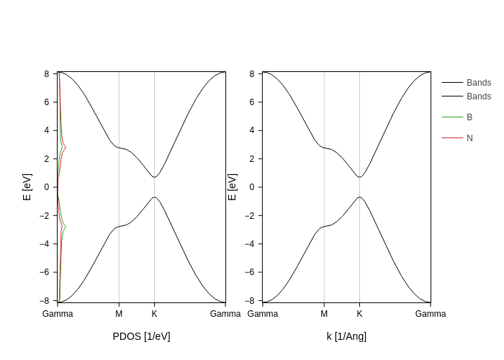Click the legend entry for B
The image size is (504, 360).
click(469, 117)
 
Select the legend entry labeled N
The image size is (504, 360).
click(469, 138)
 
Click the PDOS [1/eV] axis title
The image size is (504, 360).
click(141, 336)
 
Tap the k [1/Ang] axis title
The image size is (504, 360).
click(346, 336)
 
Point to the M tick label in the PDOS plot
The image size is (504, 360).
click(119, 314)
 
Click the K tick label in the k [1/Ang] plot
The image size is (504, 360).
click(359, 314)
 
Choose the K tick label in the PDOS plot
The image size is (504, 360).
click(154, 314)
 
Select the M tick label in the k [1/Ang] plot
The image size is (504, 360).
click(324, 314)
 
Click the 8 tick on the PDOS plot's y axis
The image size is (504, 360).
click(46, 73)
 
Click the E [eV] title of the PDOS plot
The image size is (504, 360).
click(27, 186)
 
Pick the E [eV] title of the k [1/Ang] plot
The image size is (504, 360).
click(232, 186)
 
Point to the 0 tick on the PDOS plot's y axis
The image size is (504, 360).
click(46, 187)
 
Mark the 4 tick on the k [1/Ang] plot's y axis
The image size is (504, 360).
click(252, 130)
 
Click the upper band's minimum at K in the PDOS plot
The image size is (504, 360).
click(154, 177)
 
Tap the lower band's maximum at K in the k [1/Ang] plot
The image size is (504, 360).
click(359, 197)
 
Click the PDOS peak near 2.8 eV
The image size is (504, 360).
click(66, 148)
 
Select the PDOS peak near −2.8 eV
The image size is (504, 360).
click(66, 226)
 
